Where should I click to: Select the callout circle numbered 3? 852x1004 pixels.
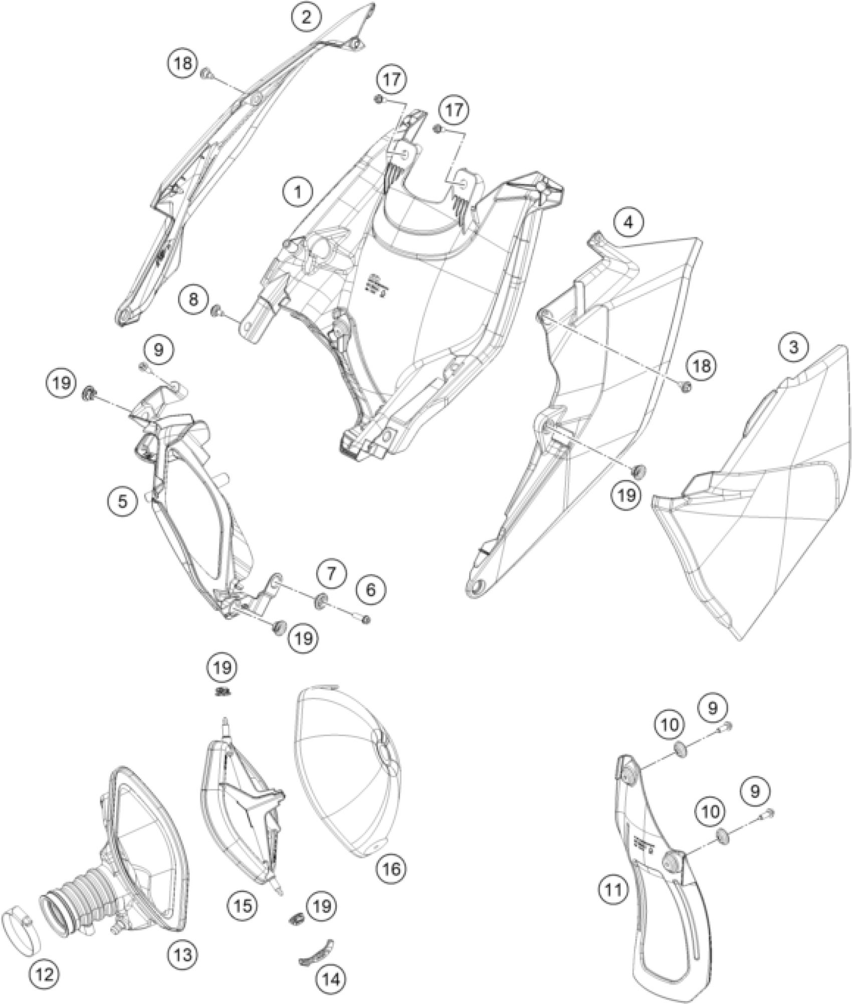tap(793, 347)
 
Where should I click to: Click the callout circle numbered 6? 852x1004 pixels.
tap(370, 590)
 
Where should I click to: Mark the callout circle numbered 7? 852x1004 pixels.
tap(330, 572)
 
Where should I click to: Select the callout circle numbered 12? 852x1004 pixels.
tap(45, 974)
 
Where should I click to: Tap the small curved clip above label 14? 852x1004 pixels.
tap(317, 950)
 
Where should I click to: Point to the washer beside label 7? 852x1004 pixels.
tap(320, 600)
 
